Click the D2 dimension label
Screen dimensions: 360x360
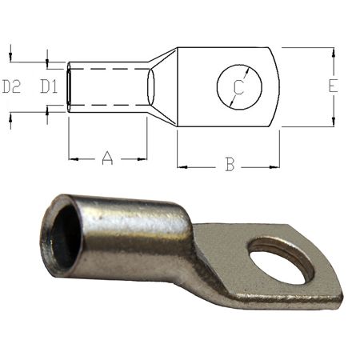click(x=11, y=86)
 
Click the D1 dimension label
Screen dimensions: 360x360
click(x=49, y=86)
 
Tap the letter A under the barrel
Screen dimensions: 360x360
click(x=107, y=158)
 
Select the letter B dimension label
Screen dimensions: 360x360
click(x=230, y=164)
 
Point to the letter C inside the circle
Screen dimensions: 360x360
click(x=239, y=87)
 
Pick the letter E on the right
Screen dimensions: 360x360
click(x=333, y=86)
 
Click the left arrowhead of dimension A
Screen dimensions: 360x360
click(x=74, y=159)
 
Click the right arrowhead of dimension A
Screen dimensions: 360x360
click(x=142, y=159)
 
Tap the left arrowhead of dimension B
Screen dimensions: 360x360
click(x=182, y=167)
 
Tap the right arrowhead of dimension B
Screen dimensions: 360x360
click(x=274, y=167)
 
